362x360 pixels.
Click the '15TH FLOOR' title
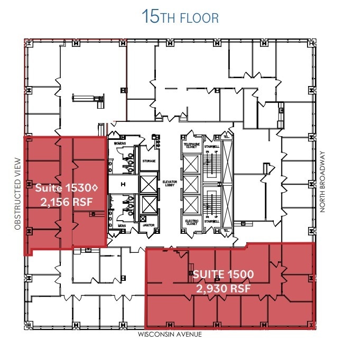pyautogui.click(x=180, y=17)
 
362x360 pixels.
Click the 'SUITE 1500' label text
pyautogui.click(x=223, y=274)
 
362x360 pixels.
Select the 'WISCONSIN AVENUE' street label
pyautogui.click(x=170, y=335)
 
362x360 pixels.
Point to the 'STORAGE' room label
pyautogui.click(x=148, y=161)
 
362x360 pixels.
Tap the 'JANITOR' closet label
pyautogui.click(x=148, y=225)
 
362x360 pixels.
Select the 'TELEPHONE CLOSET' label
pyautogui.click(x=191, y=146)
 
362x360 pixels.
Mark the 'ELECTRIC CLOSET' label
pyautogui.click(x=191, y=222)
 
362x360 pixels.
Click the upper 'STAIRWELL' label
pyautogui.click(x=211, y=146)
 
